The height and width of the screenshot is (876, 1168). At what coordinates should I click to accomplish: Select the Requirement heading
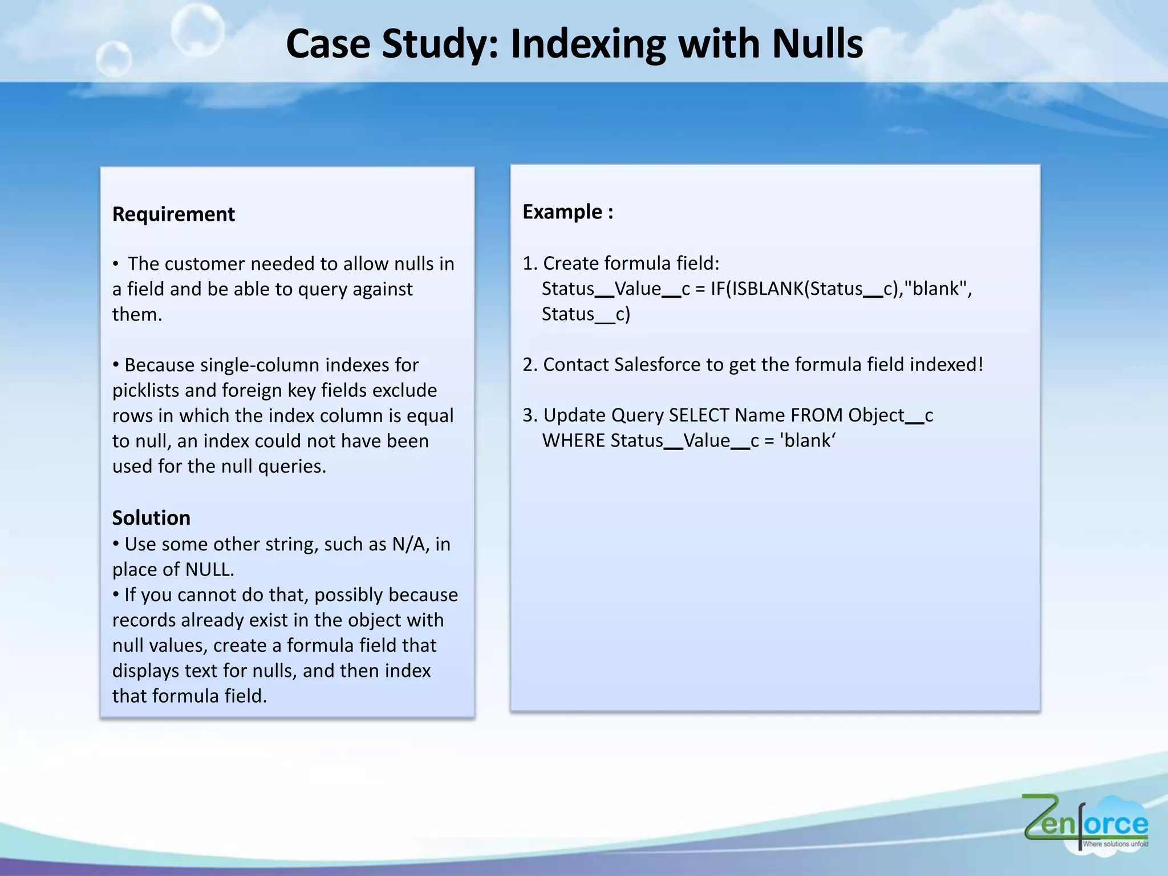coord(173,214)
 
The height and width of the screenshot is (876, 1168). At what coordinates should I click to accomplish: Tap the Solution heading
coord(151,518)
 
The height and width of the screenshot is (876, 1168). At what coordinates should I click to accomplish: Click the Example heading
coord(567,212)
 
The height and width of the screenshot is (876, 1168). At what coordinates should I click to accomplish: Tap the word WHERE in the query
coord(573,441)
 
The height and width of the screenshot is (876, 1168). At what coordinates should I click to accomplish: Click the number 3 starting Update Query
coord(528,415)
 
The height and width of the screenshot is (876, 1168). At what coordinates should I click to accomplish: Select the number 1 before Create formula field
coord(527,263)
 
